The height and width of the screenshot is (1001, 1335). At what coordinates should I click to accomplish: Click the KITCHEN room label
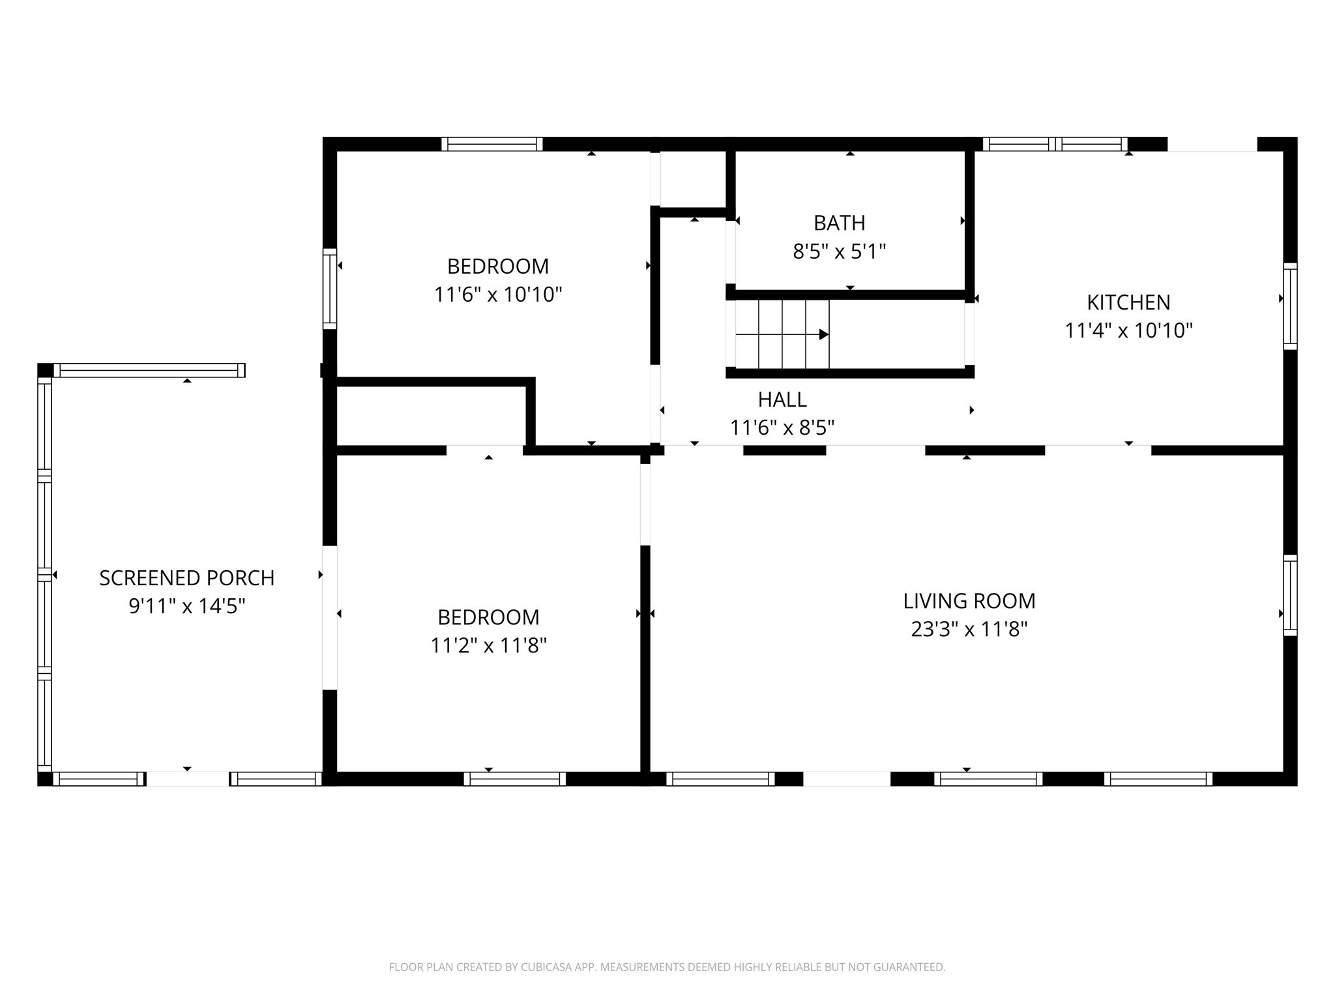click(1128, 302)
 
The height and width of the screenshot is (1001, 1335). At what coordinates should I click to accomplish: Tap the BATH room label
click(839, 223)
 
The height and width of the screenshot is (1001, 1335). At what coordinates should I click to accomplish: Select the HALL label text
click(782, 399)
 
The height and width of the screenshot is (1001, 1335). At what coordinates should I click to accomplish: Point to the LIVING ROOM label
click(969, 601)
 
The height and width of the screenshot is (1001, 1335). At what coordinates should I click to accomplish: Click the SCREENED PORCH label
click(186, 578)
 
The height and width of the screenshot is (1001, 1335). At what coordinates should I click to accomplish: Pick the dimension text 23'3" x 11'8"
click(969, 630)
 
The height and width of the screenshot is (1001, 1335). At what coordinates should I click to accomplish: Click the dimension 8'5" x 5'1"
click(839, 252)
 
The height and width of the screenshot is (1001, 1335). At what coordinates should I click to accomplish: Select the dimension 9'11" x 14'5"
click(186, 607)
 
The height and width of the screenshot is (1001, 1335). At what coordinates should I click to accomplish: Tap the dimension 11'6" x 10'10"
click(498, 295)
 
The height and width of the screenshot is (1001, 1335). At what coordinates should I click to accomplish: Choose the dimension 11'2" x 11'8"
click(488, 646)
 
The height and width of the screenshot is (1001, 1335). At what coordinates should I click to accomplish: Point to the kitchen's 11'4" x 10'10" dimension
click(1128, 331)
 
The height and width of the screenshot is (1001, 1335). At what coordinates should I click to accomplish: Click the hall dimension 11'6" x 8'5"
click(782, 428)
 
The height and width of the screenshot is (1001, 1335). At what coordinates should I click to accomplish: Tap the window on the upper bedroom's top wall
click(491, 144)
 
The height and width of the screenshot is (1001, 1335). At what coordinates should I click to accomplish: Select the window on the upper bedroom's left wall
click(330, 289)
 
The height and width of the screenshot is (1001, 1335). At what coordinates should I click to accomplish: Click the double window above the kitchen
click(1055, 144)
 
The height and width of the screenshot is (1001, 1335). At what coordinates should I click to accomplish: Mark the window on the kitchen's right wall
click(1290, 306)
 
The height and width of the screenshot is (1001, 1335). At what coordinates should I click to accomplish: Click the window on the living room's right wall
click(1290, 595)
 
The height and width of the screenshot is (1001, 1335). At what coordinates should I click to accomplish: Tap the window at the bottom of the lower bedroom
click(514, 779)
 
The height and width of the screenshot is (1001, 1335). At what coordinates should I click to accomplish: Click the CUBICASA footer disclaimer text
click(667, 967)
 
